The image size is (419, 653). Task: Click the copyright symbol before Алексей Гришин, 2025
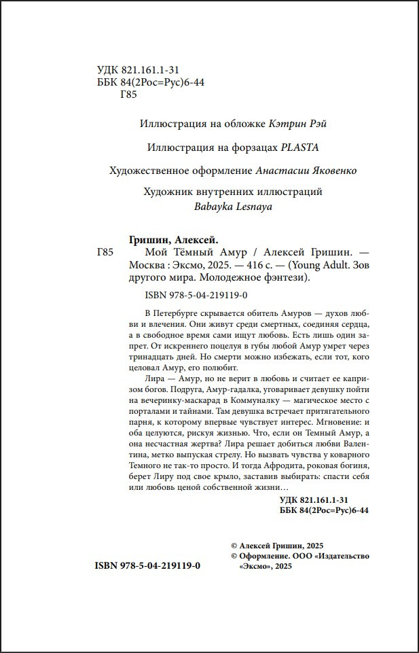[x=235, y=546]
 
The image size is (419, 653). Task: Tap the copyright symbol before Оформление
[x=235, y=556]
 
